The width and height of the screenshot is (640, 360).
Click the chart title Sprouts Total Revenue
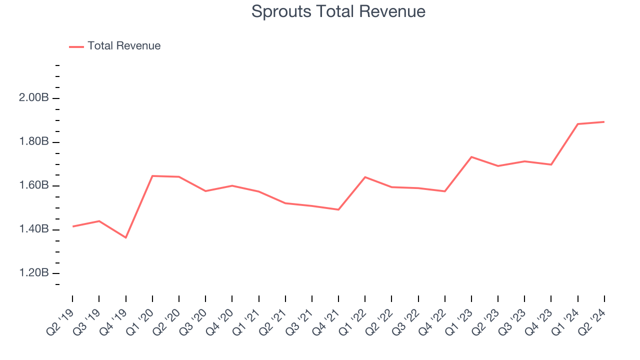point(338,11)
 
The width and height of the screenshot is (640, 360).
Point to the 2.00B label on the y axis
point(33,98)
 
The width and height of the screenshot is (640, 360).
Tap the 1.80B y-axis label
point(33,142)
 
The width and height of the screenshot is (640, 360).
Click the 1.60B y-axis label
point(33,186)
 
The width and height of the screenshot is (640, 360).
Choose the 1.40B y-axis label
point(33,229)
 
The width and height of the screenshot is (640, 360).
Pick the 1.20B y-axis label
point(33,273)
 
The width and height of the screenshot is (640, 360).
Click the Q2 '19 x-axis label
point(60,318)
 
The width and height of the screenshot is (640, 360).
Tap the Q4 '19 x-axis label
point(113,318)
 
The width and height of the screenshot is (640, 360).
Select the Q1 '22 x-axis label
point(352,318)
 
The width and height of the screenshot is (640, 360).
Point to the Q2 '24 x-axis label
point(592,318)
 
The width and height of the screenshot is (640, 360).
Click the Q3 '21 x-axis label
point(299,318)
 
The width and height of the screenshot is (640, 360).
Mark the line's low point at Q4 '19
point(125,237)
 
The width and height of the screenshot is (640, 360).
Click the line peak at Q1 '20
point(152,176)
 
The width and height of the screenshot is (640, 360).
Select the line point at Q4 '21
point(338,209)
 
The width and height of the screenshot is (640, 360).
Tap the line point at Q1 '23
point(471,157)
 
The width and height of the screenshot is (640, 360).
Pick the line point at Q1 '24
point(578,124)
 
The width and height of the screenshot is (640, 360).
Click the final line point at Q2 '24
point(604,122)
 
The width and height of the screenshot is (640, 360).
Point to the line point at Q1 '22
point(365,177)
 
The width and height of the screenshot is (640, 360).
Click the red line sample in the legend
point(76,46)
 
